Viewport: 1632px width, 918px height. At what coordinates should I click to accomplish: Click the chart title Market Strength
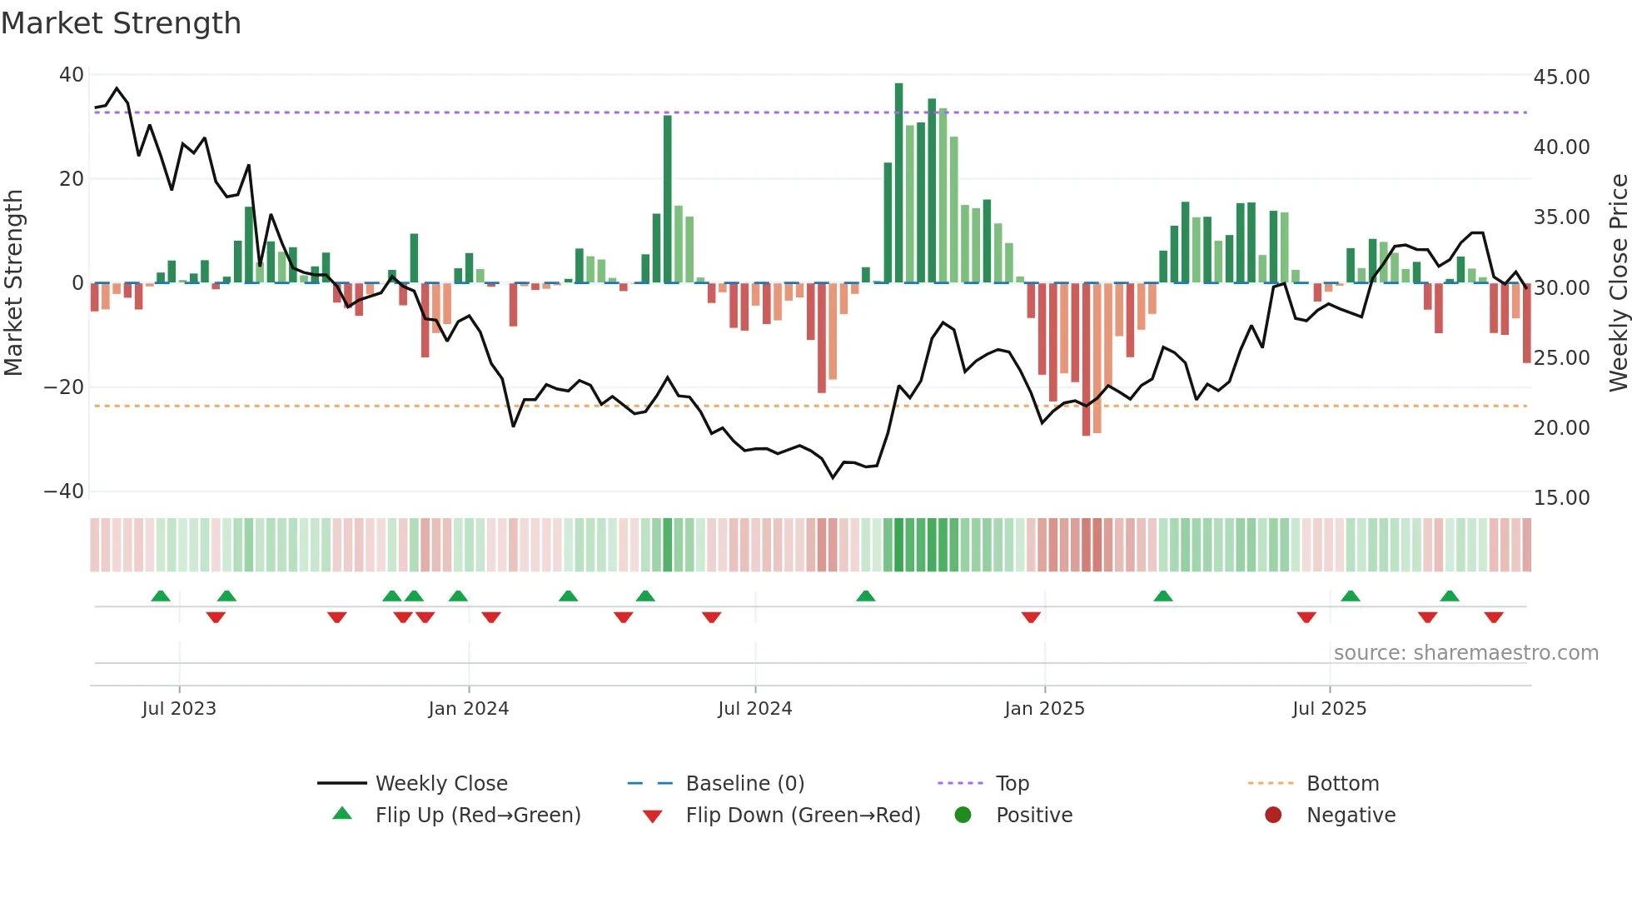coord(121,23)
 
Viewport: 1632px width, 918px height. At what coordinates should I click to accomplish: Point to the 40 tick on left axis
coord(72,75)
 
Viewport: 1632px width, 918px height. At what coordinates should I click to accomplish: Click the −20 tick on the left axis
coord(64,387)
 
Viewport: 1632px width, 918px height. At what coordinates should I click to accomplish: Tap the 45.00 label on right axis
coord(1561,77)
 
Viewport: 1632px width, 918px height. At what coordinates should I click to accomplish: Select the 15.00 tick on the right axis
coord(1561,498)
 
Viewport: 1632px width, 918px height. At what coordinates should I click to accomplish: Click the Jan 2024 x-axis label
coord(468,709)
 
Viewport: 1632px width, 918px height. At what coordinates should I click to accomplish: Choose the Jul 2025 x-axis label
coord(1329,709)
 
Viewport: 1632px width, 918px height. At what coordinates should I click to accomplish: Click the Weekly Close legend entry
coord(440,784)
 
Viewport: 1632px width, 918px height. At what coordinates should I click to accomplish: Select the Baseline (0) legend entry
coord(744,784)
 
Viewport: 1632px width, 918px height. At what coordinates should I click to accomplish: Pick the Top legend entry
coord(1012,784)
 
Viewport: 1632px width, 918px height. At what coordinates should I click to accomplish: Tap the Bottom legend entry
coord(1342,784)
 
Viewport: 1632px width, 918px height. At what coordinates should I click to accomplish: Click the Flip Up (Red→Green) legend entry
coord(477,816)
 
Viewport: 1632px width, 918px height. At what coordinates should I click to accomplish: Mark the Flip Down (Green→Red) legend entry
coord(803,816)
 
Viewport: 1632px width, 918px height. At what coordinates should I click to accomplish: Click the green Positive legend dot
coord(963,816)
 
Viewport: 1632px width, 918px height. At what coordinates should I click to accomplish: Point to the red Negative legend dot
coord(1273,816)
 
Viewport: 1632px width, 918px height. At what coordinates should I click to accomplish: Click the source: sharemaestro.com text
coord(1465,653)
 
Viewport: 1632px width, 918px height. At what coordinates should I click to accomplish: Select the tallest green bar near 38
coord(898,183)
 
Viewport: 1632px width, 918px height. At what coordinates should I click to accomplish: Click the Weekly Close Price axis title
coord(1618,283)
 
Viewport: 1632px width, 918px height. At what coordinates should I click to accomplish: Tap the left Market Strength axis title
coord(14,283)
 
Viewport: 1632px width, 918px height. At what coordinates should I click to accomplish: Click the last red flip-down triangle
coord(1493,617)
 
